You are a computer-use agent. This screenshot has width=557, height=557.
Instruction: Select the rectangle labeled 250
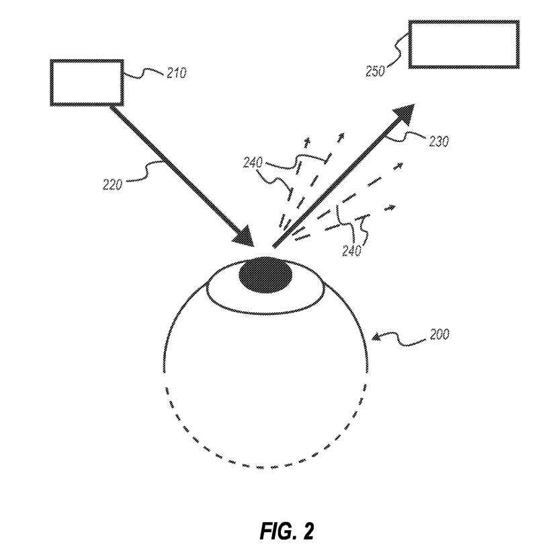pyautogui.click(x=464, y=44)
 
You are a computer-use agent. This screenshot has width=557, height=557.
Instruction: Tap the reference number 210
pyautogui.click(x=176, y=73)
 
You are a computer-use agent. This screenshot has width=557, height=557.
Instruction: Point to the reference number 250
pyautogui.click(x=376, y=71)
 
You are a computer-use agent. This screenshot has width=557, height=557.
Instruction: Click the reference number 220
pyautogui.click(x=112, y=184)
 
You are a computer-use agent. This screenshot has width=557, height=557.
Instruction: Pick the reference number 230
pyautogui.click(x=438, y=141)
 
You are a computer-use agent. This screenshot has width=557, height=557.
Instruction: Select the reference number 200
pyautogui.click(x=439, y=334)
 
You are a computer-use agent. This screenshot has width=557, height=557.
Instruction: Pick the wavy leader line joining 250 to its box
pyautogui.click(x=396, y=54)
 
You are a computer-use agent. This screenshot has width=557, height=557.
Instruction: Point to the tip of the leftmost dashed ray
pyautogui.click(x=308, y=140)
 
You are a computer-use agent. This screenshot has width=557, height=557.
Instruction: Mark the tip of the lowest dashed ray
pyautogui.click(x=391, y=208)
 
